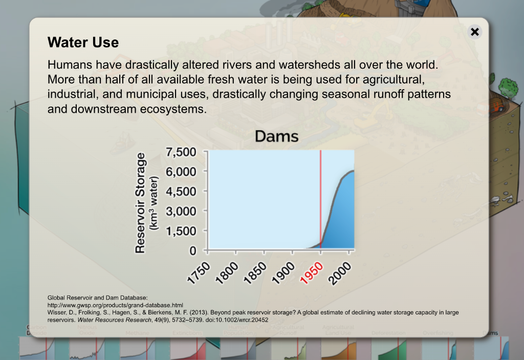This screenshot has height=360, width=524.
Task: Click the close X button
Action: [474, 32]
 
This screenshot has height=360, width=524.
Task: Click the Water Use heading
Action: [83, 43]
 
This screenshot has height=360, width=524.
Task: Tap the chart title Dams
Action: [276, 136]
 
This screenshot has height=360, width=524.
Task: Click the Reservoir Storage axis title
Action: [141, 202]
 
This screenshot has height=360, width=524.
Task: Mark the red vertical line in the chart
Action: [320, 200]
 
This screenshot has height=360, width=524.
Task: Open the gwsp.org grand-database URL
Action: [115, 305]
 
